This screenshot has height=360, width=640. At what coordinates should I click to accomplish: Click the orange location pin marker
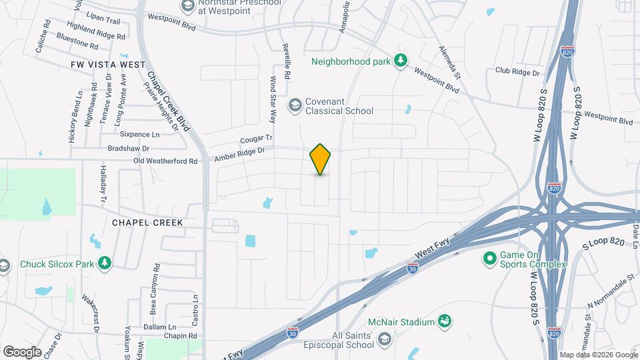pos(321,159)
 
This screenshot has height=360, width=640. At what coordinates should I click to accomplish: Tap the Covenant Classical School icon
pos(294,105)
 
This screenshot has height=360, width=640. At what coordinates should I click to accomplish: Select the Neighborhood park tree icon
pos(400,61)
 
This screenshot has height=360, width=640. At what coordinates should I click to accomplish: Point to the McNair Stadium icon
pos(443,323)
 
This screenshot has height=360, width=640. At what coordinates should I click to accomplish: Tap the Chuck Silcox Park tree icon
pos(104,264)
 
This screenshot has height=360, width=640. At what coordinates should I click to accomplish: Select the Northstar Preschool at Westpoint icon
pos(187,6)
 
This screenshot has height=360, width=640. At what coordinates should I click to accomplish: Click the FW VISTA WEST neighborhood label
pos(107,64)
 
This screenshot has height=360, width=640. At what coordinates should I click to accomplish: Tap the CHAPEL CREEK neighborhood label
pos(147,222)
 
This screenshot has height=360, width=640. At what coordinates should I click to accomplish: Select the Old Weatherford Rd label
pos(165,161)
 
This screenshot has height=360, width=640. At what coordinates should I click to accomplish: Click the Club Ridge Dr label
pos(517,70)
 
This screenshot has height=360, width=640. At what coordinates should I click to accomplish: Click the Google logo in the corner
pos(22,351)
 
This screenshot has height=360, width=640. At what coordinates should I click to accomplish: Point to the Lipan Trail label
pos(104,21)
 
